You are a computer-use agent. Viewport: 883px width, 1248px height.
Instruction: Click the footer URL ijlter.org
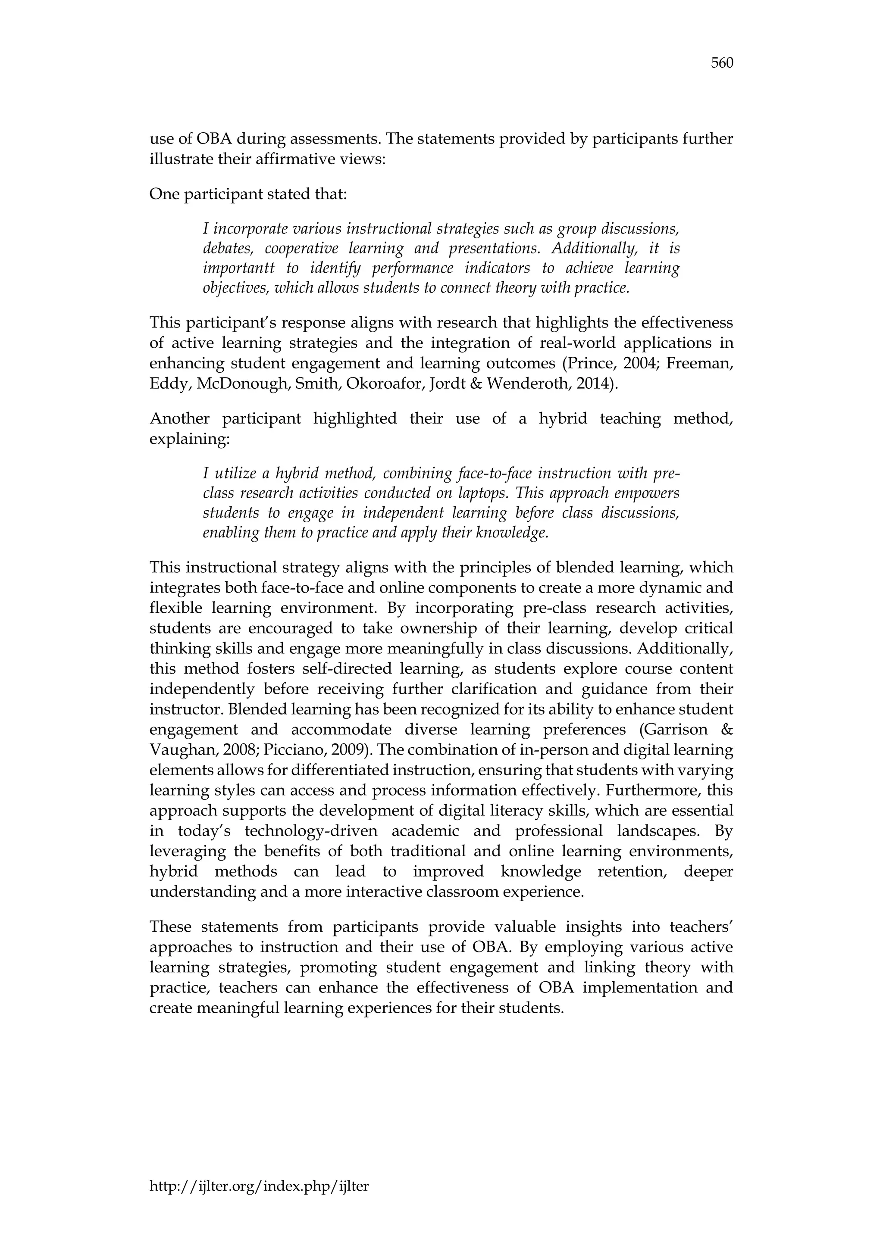[x=259, y=1186]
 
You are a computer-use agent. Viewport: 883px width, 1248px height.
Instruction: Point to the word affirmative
[x=304, y=160]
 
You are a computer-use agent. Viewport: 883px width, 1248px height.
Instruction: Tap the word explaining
[x=189, y=439]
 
